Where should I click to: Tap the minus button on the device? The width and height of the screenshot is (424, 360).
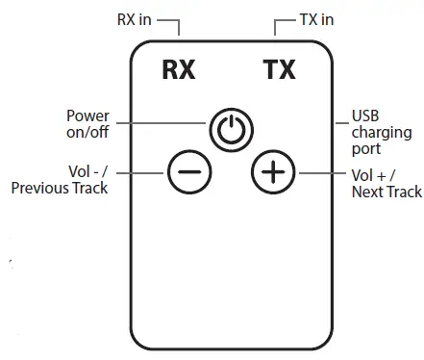(x=188, y=172)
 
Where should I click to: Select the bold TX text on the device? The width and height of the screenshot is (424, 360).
(x=279, y=70)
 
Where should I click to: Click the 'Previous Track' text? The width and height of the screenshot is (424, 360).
(x=59, y=188)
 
